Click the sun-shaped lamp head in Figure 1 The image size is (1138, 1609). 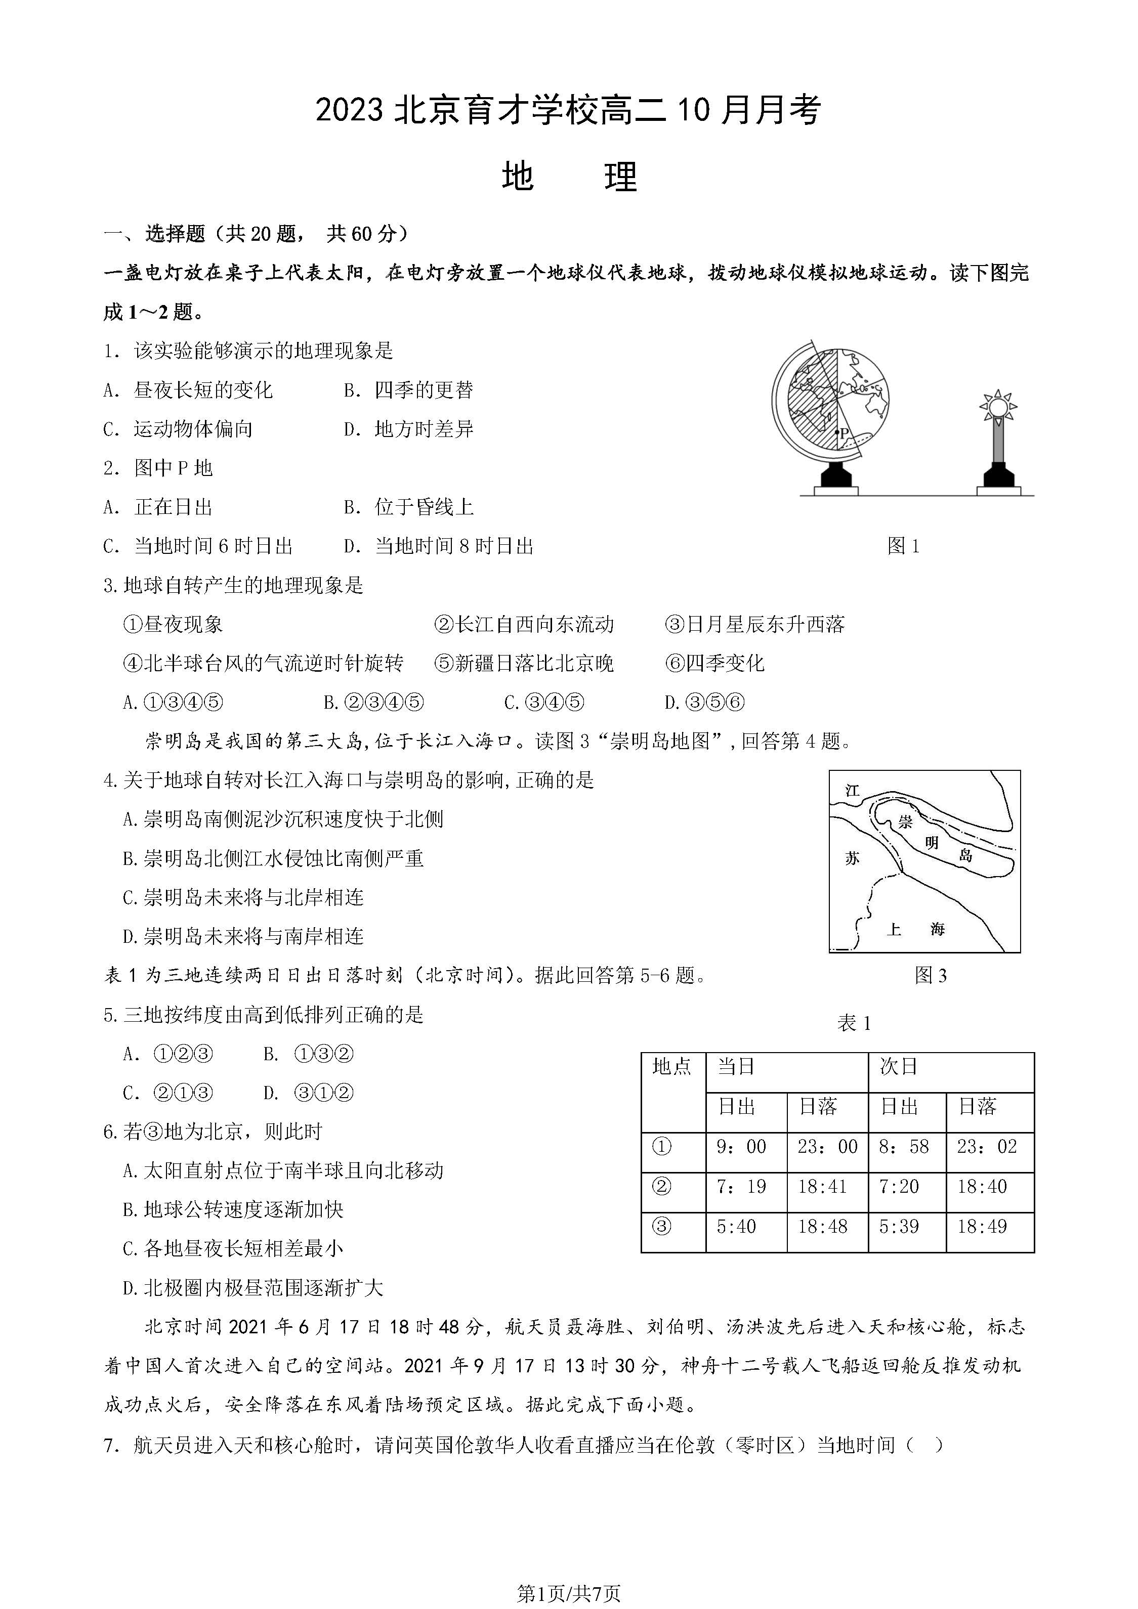point(998,407)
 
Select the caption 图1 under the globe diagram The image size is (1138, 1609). point(903,546)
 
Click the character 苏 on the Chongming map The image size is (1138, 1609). point(852,858)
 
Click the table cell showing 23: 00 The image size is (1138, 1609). point(827,1147)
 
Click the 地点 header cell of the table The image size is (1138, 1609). point(672,1067)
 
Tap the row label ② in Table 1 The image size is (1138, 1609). point(662,1187)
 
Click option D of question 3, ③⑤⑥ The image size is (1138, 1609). point(705,702)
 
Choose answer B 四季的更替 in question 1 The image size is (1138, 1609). point(409,390)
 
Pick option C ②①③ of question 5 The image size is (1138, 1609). point(168,1093)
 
